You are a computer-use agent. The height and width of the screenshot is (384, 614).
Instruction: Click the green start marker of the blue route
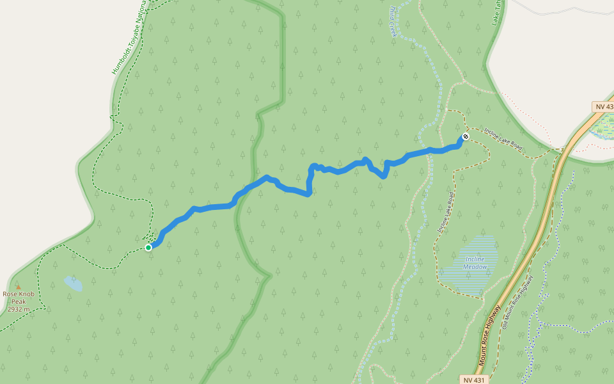(148, 247)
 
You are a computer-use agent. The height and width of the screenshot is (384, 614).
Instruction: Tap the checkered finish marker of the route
(466, 136)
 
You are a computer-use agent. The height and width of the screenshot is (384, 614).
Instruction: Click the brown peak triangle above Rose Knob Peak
(18, 287)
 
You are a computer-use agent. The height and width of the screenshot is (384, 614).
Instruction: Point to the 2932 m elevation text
(19, 309)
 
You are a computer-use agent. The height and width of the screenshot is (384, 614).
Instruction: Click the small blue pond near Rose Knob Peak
(72, 283)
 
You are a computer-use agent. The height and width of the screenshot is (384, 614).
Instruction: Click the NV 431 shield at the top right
(602, 106)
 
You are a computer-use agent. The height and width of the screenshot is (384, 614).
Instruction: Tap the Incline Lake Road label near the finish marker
(503, 139)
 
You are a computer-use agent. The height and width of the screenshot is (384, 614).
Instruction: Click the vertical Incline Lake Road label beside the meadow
(446, 212)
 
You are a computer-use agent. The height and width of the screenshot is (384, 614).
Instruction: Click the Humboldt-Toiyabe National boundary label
(129, 38)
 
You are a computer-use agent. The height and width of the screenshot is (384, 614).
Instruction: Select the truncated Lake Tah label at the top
(496, 12)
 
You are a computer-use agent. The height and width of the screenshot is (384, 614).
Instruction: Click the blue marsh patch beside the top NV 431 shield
(602, 127)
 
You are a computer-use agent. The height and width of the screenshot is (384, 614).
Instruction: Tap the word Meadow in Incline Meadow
(475, 267)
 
